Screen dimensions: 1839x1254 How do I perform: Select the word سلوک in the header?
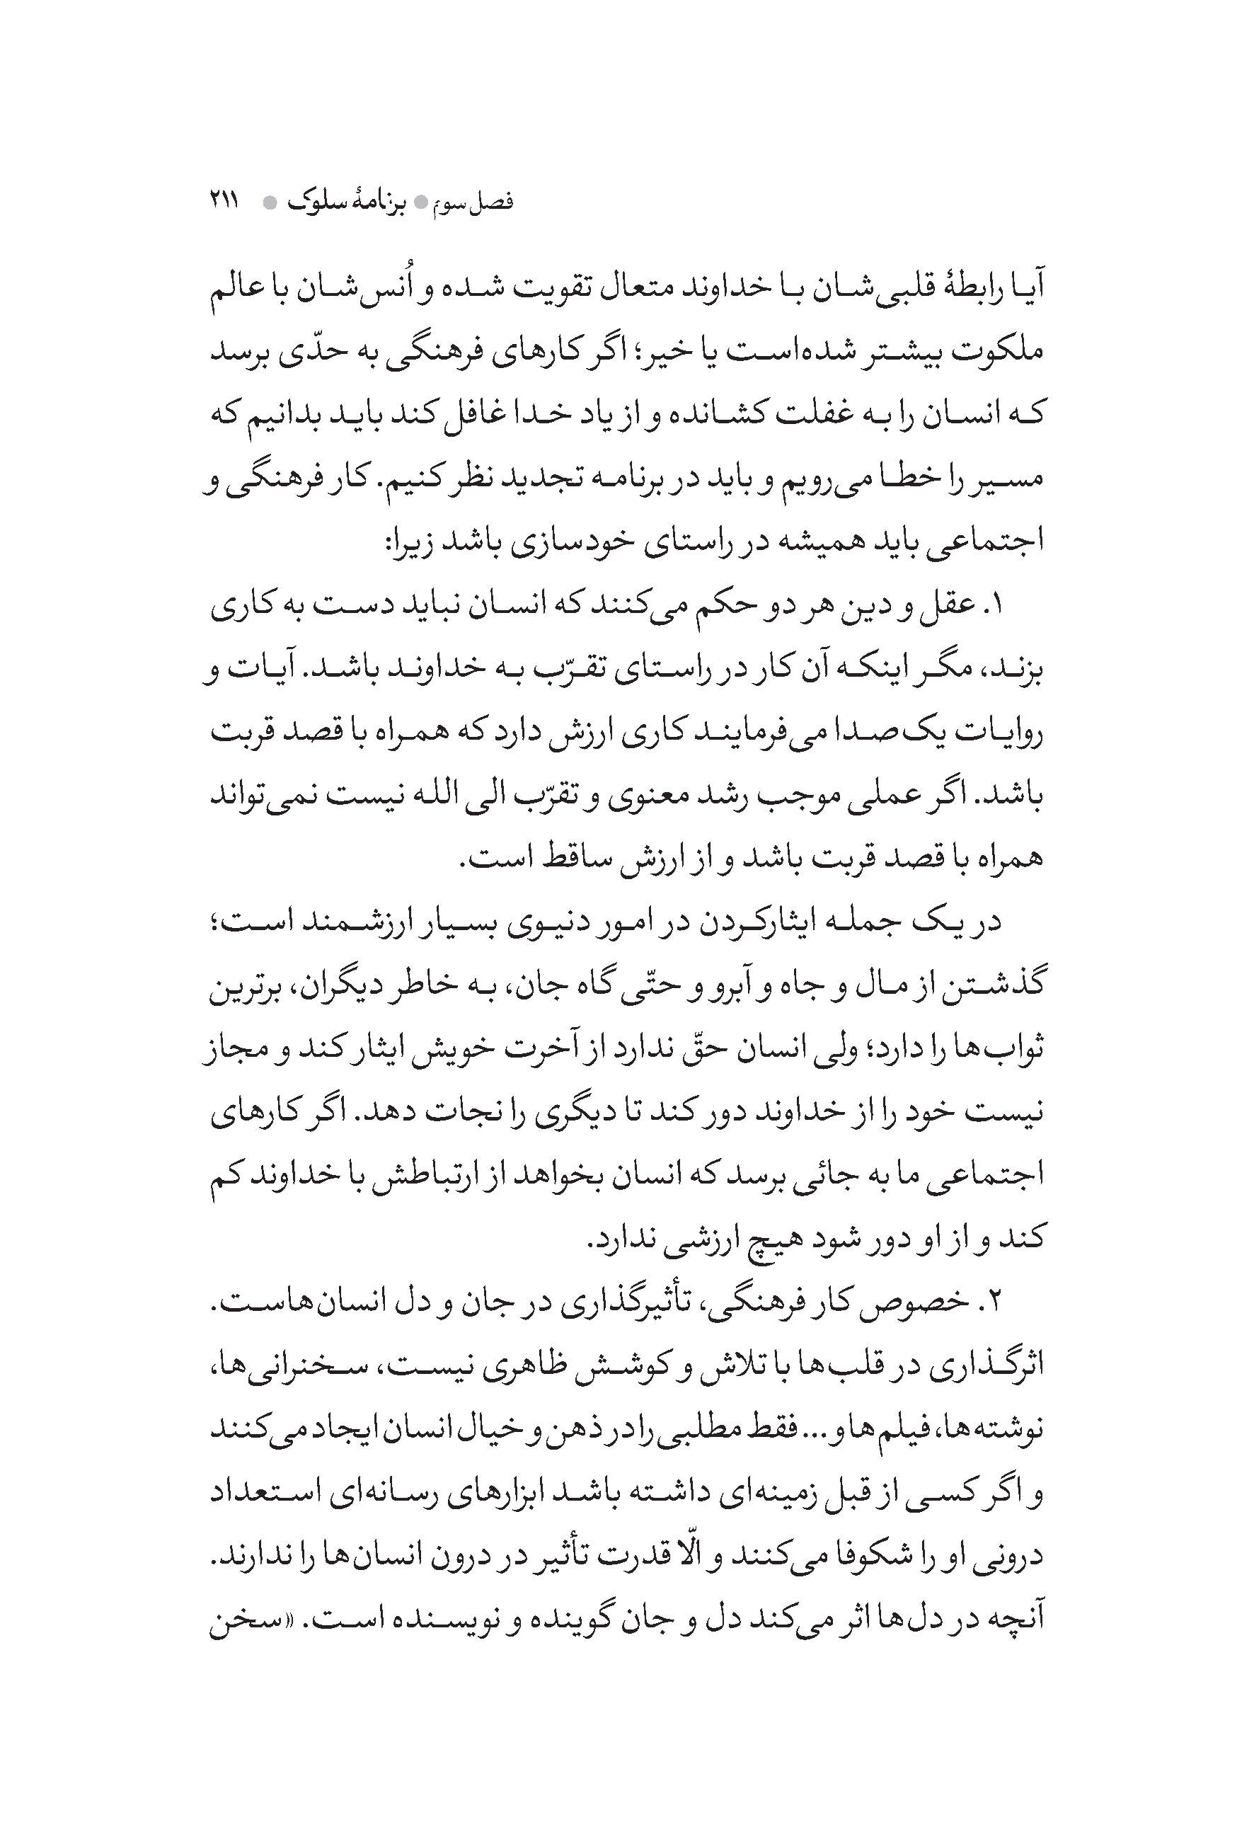click(320, 201)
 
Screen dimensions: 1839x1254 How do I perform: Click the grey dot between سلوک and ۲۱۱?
click(270, 203)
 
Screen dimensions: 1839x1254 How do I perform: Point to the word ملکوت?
click(1001, 349)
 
